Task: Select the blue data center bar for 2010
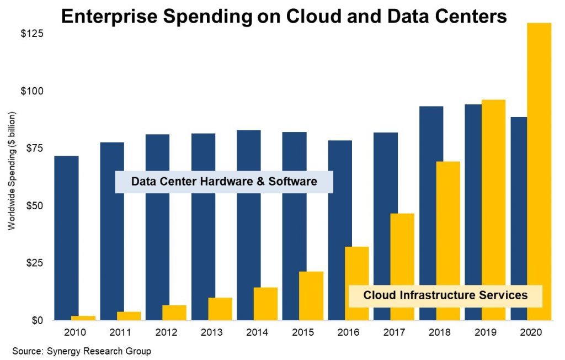point(66,237)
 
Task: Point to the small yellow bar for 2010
point(83,318)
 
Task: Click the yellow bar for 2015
point(311,296)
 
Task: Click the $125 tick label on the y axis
point(32,34)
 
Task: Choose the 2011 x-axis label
point(120,333)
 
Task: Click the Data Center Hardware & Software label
point(224,182)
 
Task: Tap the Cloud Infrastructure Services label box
point(445,295)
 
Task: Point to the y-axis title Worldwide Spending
point(12,171)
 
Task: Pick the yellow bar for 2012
point(174,313)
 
